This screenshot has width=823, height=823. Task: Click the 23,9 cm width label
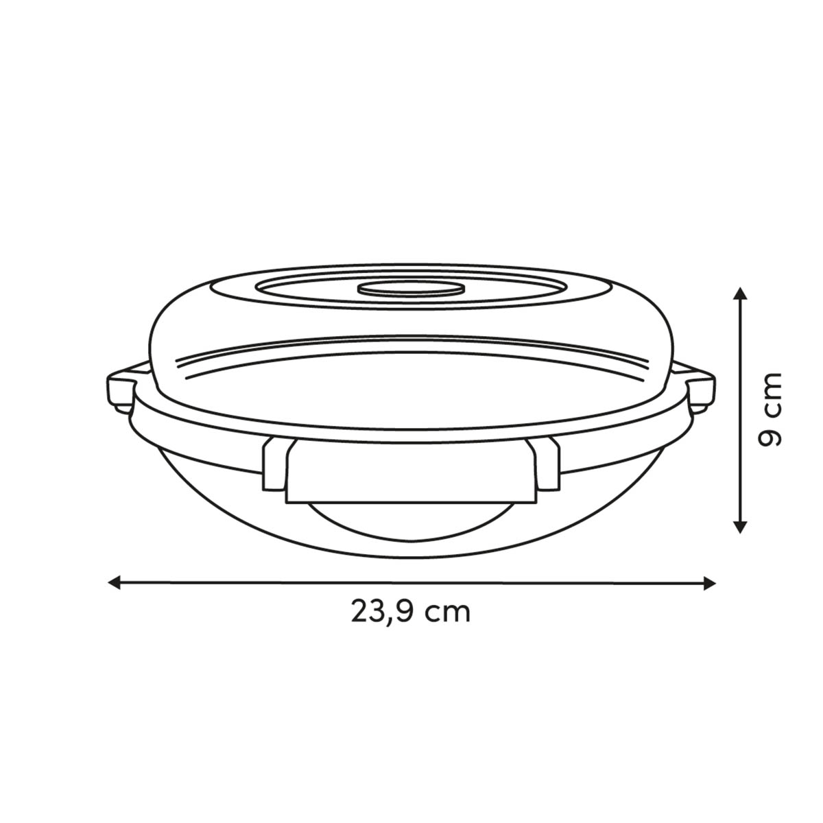click(x=410, y=613)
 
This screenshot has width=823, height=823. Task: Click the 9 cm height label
click(x=770, y=410)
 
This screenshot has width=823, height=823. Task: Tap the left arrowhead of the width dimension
click(x=115, y=582)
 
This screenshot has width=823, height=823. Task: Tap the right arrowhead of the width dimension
click(x=709, y=583)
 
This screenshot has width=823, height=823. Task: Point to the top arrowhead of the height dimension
click(x=740, y=294)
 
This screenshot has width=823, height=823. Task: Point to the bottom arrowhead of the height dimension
click(x=740, y=527)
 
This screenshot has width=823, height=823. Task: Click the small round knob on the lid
click(x=410, y=289)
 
